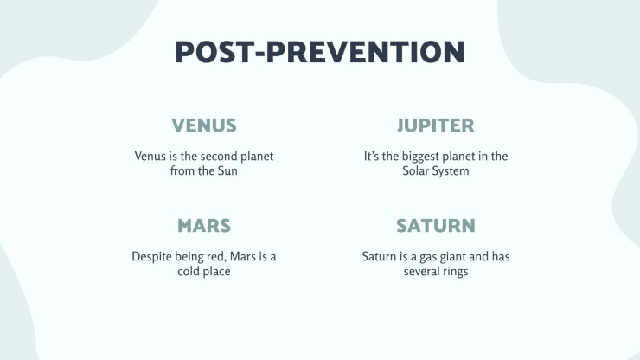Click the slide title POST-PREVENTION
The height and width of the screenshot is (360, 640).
point(320,52)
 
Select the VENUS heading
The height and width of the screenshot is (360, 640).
point(204,125)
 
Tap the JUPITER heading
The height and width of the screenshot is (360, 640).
point(436,125)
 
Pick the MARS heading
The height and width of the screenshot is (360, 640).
point(204,226)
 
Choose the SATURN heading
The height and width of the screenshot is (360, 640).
point(436,226)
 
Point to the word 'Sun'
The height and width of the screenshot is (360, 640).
point(227,170)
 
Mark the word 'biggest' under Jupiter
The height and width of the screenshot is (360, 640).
point(418,157)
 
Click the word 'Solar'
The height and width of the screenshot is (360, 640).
point(414,170)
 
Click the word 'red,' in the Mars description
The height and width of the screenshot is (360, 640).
point(218,257)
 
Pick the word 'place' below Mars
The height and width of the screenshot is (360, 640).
point(216,272)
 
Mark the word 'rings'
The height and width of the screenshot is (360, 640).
point(456,272)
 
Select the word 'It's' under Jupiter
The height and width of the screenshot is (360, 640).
point(371,156)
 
